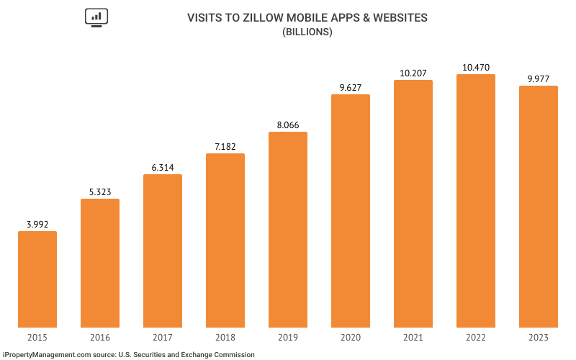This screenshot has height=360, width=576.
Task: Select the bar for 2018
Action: [x=225, y=240]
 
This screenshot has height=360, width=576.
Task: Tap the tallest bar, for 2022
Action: [x=476, y=201]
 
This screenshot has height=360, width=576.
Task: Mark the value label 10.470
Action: [x=476, y=67]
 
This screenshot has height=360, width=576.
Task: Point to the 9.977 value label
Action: [x=539, y=78]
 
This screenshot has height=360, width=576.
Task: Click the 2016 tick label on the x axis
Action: [x=100, y=337]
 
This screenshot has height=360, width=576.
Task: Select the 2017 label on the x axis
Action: [x=163, y=337]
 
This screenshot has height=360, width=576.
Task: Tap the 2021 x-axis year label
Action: [x=413, y=337]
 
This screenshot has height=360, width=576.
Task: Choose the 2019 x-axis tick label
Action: [x=288, y=337]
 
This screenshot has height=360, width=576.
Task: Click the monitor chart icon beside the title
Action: [x=95, y=18]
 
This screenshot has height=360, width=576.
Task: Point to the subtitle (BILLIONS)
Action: [x=307, y=32]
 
